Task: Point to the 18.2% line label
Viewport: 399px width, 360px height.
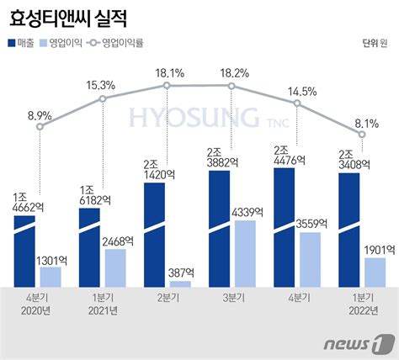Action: point(232,73)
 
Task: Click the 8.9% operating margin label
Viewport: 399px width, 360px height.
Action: point(40,114)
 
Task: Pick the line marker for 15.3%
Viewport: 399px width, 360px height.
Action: point(103,99)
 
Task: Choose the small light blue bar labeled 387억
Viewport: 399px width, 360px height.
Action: point(180,283)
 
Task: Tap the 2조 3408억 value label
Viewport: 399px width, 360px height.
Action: point(348,159)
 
